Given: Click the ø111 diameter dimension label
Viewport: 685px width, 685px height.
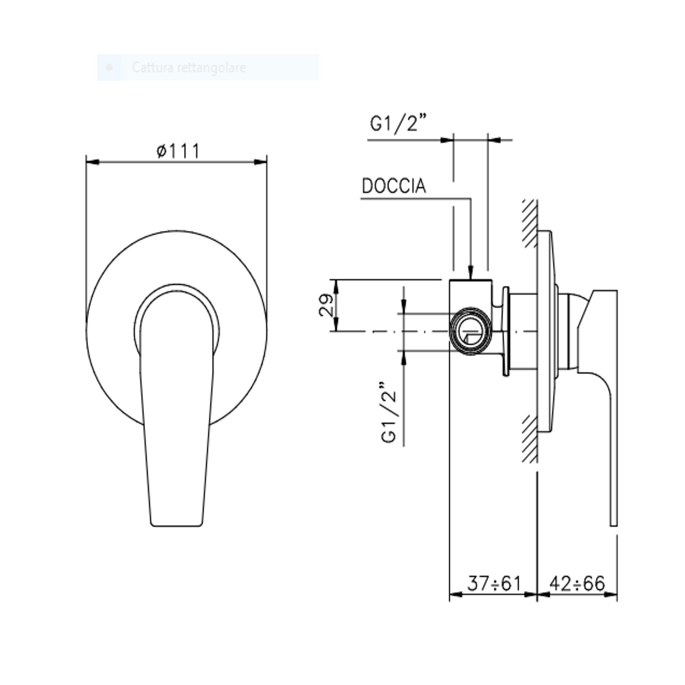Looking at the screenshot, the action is click(178, 151).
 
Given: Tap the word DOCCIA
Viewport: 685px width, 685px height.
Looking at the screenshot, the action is click(394, 186).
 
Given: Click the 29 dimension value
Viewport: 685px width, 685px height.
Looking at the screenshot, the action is click(326, 305).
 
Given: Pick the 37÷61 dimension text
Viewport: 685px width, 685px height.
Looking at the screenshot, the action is click(494, 583).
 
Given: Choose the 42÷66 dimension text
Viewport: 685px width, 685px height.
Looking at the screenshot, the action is click(577, 583).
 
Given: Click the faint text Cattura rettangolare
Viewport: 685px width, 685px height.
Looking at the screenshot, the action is click(189, 67).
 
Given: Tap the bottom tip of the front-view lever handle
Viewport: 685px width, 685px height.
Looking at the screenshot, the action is click(177, 525).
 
